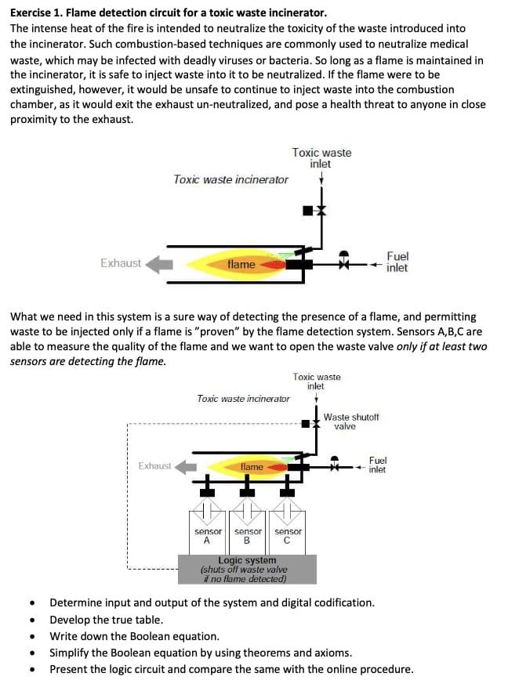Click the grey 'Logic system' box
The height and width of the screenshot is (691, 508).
pyautogui.click(x=247, y=570)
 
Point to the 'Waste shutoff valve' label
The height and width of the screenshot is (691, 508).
pyautogui.click(x=350, y=421)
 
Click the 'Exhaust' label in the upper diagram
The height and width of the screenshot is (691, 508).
pyautogui.click(x=121, y=263)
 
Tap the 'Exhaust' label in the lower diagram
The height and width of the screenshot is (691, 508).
pyautogui.click(x=154, y=466)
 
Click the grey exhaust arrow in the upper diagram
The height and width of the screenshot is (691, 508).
pyautogui.click(x=160, y=264)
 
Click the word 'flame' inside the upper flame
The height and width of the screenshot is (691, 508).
pyautogui.click(x=241, y=265)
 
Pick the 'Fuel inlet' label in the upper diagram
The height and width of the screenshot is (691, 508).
pyautogui.click(x=397, y=262)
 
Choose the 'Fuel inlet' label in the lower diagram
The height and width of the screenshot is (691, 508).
pyautogui.click(x=377, y=465)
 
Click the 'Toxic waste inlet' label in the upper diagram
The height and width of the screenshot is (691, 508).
pyautogui.click(x=321, y=158)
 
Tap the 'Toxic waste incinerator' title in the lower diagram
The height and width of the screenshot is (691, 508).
pyautogui.click(x=243, y=399)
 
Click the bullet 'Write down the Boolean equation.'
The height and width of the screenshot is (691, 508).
pyautogui.click(x=134, y=636)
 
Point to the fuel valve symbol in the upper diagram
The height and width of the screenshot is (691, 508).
pyautogui.click(x=343, y=264)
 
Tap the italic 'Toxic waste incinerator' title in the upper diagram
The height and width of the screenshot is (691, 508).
pyautogui.click(x=230, y=179)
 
